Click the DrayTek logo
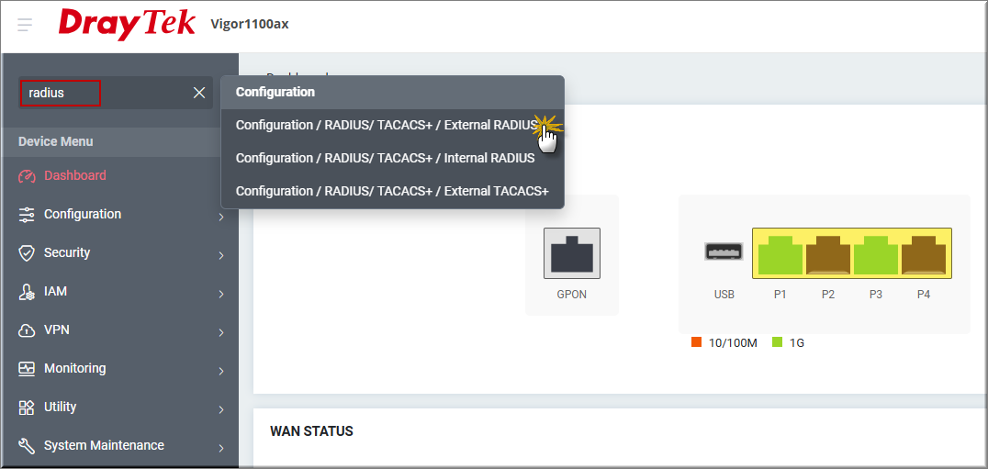[128, 25]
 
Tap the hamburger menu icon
[25, 25]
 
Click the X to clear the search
[199, 94]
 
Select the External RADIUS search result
[387, 125]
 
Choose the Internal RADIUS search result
[385, 158]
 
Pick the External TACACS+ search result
[392, 191]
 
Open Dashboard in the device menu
[75, 175]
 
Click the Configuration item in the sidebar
[83, 214]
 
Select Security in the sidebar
[67, 252]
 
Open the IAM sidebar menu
[55, 292]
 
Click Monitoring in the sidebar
[75, 368]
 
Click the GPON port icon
[572, 253]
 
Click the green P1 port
[780, 253]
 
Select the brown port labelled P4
[924, 253]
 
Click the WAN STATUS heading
[312, 431]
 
